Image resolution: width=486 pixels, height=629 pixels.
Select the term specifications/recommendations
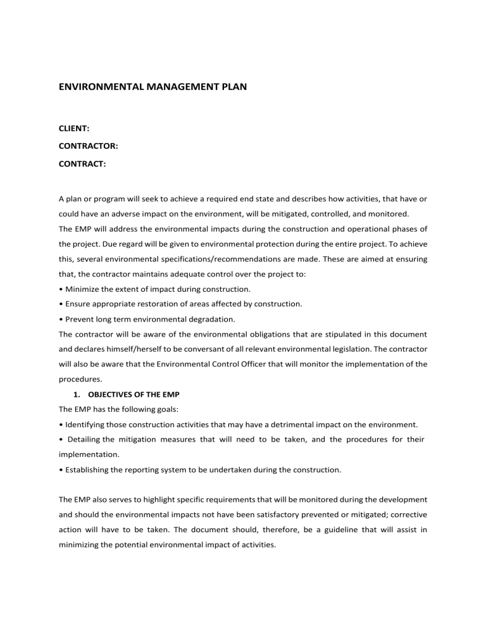click(x=244, y=259)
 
